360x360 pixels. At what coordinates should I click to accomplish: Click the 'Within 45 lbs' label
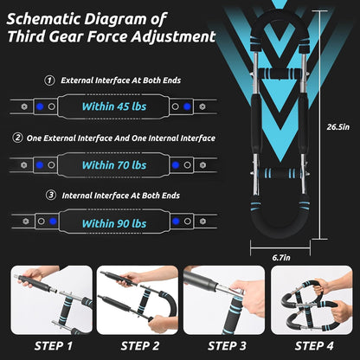coord(114,106)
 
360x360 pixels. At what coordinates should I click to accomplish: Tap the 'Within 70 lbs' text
coord(114,165)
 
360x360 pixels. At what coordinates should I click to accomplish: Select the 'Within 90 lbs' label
coord(114,223)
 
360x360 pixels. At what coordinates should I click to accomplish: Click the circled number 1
coord(49,80)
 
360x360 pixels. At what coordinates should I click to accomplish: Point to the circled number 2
coord(17,138)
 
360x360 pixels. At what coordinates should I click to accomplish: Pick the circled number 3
coord(51,196)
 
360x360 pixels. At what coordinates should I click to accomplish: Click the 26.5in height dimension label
coord(338,127)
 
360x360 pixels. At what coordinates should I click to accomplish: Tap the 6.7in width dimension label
coord(281,258)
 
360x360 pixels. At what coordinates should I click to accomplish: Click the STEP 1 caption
coord(54,346)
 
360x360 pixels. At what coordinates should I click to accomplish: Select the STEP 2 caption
coord(140,346)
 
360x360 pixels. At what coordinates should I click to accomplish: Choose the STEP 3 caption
coord(227,346)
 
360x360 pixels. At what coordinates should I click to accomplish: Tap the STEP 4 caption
coord(314,346)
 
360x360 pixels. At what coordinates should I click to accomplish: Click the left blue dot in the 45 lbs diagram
coord(40,106)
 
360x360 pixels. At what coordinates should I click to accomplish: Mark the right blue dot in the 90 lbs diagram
coord(176,222)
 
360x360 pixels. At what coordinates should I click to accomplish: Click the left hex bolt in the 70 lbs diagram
coord(24,165)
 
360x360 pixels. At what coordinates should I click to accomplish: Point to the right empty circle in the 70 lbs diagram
coord(187,165)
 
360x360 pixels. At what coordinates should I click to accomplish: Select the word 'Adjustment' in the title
coord(174,37)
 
